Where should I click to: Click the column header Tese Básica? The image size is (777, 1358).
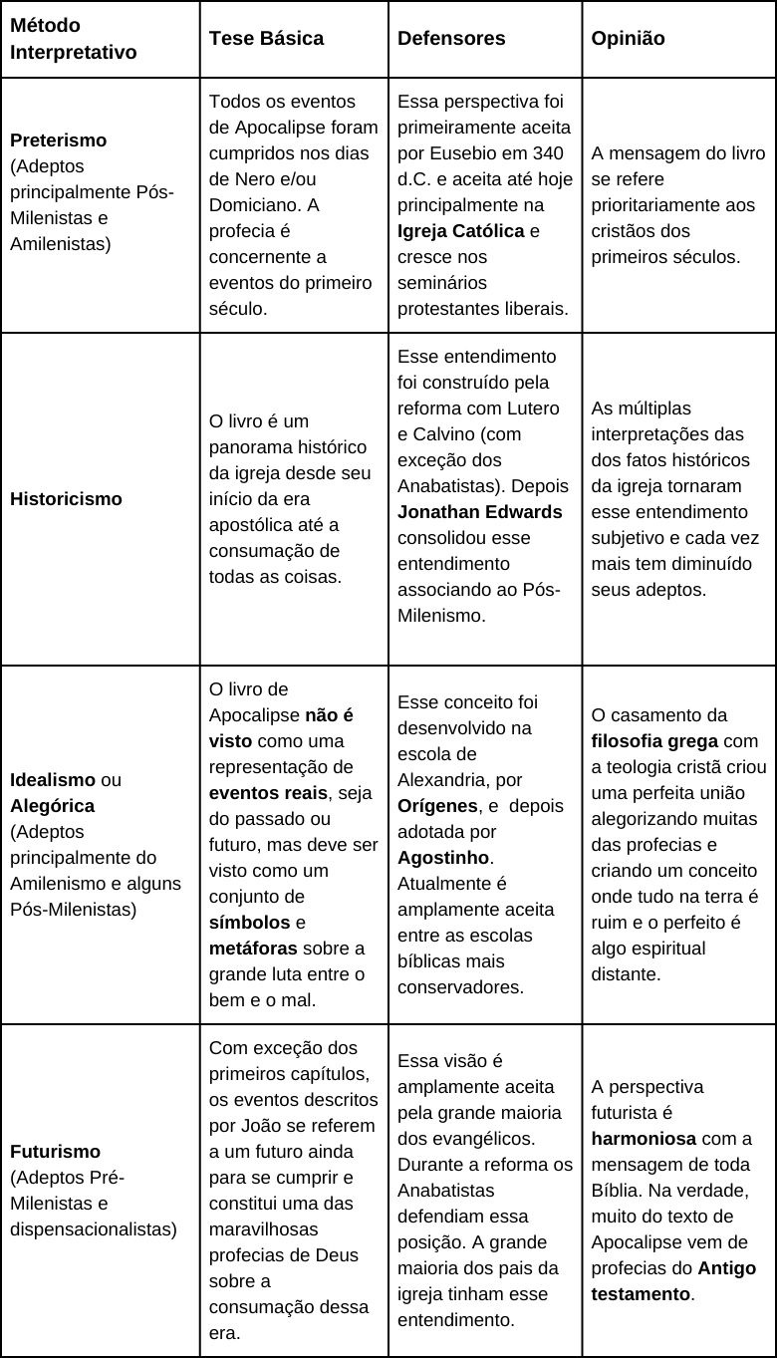pos(266,38)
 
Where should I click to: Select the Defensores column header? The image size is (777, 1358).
pos(451,38)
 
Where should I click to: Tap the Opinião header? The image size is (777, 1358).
pos(628,38)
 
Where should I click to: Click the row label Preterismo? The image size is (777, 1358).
pos(58,139)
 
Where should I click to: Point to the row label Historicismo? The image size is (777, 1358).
pos(66,499)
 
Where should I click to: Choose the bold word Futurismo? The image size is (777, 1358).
pos(55,1151)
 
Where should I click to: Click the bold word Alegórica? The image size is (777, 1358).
pos(52,805)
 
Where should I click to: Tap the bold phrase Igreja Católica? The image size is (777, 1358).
pos(460,231)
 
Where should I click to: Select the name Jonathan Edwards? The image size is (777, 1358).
pos(479,512)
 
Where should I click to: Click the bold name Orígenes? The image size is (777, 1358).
pos(436,805)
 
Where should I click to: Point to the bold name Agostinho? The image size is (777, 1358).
pos(443,857)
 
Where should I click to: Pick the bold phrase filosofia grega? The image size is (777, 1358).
pos(652,740)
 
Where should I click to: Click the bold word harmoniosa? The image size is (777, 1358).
pos(644,1138)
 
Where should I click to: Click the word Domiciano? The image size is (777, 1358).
pos(250,205)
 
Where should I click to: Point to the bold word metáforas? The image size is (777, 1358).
pos(253,948)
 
